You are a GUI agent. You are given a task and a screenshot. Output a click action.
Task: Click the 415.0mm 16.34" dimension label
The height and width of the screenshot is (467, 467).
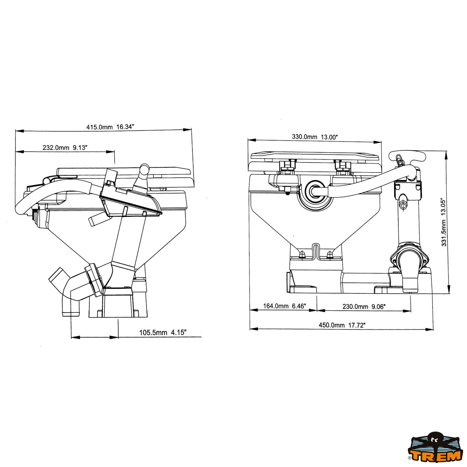(x=110, y=127)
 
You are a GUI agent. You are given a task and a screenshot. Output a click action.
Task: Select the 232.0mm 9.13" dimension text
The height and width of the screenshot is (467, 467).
(x=65, y=147)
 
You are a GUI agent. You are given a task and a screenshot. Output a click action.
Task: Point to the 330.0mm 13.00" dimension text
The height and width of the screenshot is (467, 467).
(x=314, y=137)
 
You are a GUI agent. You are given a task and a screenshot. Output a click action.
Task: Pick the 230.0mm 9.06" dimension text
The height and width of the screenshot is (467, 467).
(x=364, y=307)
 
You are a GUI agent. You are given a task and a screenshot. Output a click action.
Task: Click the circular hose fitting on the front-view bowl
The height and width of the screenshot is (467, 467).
(x=314, y=190)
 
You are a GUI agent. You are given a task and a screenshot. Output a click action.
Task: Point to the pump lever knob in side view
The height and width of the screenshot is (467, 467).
(x=144, y=169)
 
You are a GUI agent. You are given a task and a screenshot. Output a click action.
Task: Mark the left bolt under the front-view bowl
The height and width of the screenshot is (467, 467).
(x=302, y=255)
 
